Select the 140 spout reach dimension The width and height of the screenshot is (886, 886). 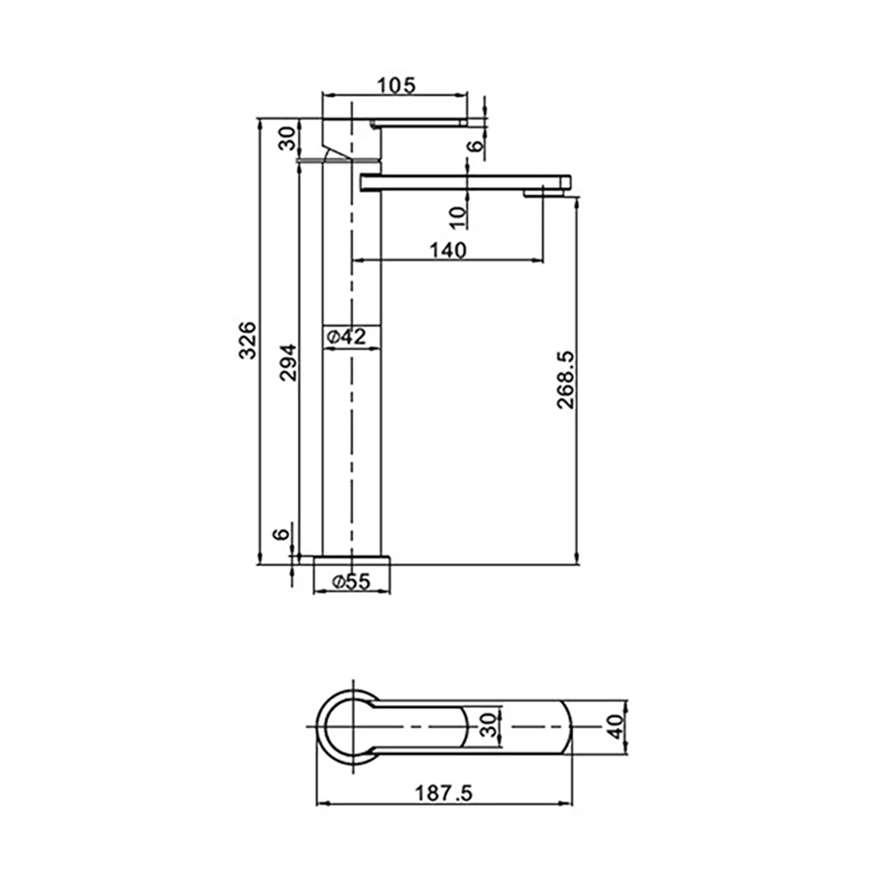448,249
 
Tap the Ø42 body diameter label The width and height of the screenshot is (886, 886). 347,337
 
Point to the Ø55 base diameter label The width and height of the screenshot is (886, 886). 350,582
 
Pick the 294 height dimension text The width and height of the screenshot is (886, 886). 287,362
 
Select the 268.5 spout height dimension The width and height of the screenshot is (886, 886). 566,379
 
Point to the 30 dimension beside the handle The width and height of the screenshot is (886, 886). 287,139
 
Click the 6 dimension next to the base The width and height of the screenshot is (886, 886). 283,533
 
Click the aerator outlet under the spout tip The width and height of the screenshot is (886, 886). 545,194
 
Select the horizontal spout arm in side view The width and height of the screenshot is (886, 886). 465,181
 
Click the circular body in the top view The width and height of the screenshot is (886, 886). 347,726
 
